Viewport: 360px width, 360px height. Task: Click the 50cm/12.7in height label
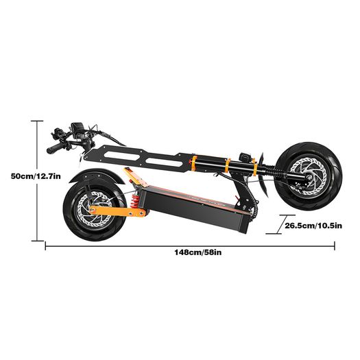[x=36, y=176]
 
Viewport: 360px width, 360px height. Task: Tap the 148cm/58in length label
[x=198, y=252]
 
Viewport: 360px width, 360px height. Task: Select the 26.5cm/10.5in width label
[x=313, y=226]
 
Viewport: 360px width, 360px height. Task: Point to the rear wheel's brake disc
[x=95, y=209]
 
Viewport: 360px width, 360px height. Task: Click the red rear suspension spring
[x=135, y=201]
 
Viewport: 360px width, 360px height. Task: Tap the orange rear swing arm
[x=117, y=211]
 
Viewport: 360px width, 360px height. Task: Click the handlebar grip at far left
[x=55, y=148]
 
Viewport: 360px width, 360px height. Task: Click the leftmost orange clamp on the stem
[x=194, y=163]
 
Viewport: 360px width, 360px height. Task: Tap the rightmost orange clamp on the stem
[x=254, y=167]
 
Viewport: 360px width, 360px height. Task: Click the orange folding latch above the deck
[x=136, y=177]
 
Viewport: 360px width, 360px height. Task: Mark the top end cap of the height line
[x=37, y=121]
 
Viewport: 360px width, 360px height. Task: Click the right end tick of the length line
[x=335, y=245]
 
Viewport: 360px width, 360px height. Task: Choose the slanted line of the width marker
[x=280, y=224]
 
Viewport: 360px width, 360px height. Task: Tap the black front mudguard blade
[x=263, y=174]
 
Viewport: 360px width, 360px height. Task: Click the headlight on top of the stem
[x=244, y=157]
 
